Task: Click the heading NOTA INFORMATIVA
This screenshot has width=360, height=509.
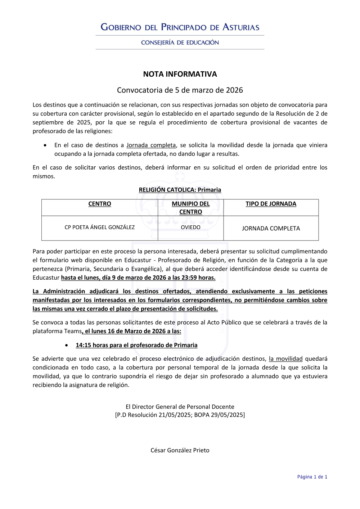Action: pos(180,74)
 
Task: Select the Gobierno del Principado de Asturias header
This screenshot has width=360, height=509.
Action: pos(180,27)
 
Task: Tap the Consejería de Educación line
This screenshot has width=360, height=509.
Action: pos(180,42)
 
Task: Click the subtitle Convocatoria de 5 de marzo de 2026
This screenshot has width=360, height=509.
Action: pos(180,90)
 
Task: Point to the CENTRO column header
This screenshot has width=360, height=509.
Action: pos(100,204)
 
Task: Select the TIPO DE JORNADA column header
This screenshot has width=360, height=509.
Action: pos(271,204)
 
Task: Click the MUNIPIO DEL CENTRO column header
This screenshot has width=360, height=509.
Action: pos(190,208)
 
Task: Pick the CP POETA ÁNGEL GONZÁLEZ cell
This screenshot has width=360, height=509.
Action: pos(100,228)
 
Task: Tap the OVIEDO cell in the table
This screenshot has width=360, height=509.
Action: pos(190,228)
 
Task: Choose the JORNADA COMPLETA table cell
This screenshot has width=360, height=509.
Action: pos(271,228)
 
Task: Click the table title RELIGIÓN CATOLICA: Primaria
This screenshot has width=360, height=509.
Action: pos(180,190)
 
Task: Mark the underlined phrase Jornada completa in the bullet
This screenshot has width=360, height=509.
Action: pos(151,145)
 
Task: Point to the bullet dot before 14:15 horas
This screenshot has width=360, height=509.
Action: pos(67,345)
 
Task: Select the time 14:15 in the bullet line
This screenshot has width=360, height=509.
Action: pos(83,345)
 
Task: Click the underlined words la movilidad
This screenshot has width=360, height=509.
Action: pos(285,359)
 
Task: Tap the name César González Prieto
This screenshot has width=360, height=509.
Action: pos(180,450)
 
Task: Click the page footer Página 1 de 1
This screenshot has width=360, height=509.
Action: pos(312,477)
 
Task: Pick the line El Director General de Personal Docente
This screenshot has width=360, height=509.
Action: pos(180,407)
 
